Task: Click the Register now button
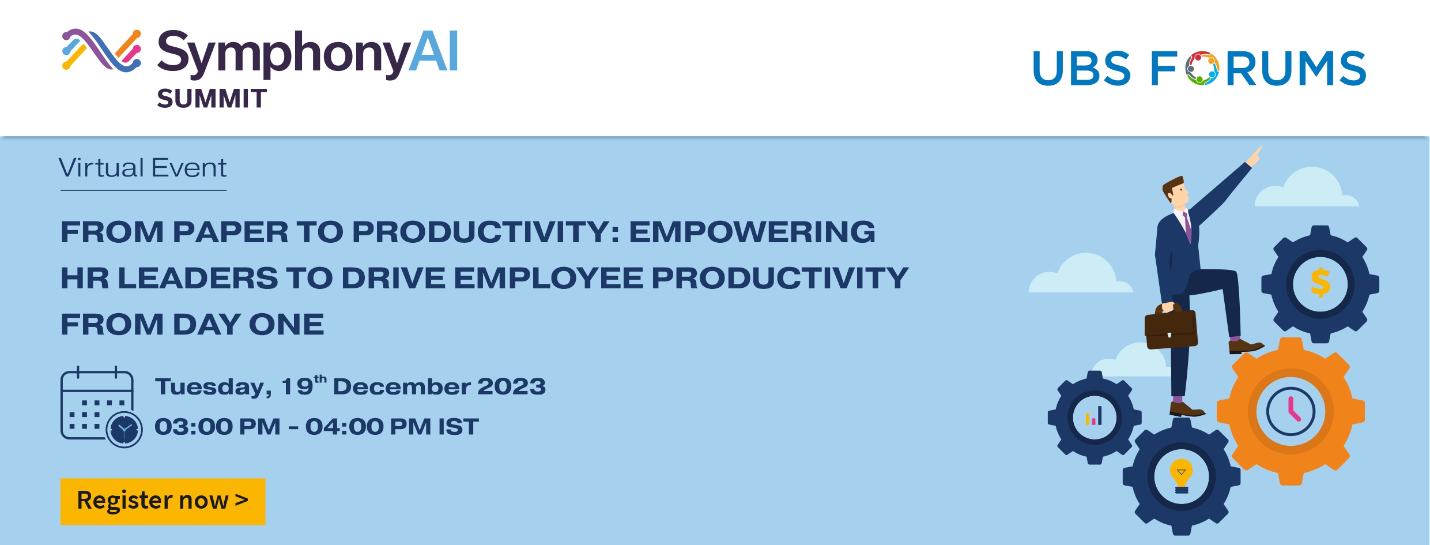point(163,501)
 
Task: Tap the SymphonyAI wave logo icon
point(101,50)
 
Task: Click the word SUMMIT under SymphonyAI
point(212,99)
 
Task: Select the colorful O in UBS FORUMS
point(1202,68)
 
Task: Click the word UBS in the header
point(1081,68)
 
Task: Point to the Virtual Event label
point(143,168)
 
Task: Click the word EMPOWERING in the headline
point(752,232)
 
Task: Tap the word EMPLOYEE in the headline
point(548,278)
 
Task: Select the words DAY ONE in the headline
point(248,324)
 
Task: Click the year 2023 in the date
point(511,386)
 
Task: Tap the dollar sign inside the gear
point(1320,283)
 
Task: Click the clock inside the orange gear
point(1291,412)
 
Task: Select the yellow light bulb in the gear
point(1181,476)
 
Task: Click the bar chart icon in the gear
point(1094,416)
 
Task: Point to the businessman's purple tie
point(1187,227)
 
